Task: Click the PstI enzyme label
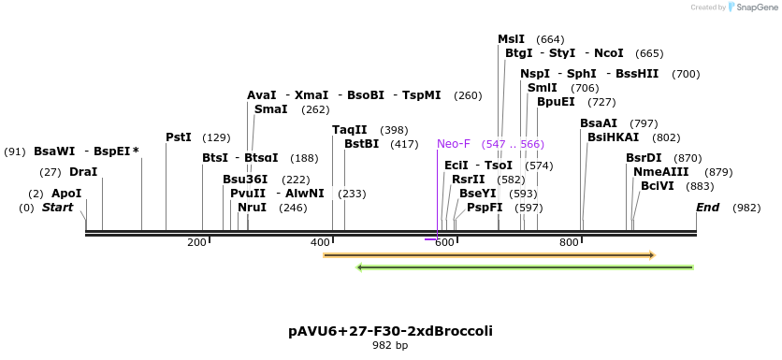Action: pyautogui.click(x=178, y=137)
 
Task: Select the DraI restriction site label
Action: pyautogui.click(x=83, y=172)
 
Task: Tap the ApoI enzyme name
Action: pyautogui.click(x=66, y=194)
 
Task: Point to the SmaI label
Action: pyautogui.click(x=270, y=109)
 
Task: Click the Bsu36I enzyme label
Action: pyautogui.click(x=245, y=180)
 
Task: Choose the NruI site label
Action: pyautogui.click(x=252, y=208)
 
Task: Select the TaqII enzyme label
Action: pyautogui.click(x=350, y=130)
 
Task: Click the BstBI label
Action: pyautogui.click(x=362, y=144)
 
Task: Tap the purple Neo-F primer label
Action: pyautogui.click(x=454, y=144)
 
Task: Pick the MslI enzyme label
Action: pyautogui.click(x=511, y=39)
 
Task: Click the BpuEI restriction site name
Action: pyautogui.click(x=556, y=102)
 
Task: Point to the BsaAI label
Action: pyautogui.click(x=599, y=123)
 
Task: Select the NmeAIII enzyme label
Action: pyautogui.click(x=660, y=172)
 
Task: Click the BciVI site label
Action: pyautogui.click(x=657, y=186)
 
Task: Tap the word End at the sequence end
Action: pyautogui.click(x=707, y=208)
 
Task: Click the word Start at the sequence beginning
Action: pyautogui.click(x=57, y=208)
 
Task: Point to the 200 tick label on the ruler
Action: pyautogui.click(x=196, y=243)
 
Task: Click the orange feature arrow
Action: pyautogui.click(x=488, y=254)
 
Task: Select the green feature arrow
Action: pyautogui.click(x=525, y=267)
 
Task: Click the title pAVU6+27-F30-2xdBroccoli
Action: pyautogui.click(x=390, y=331)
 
